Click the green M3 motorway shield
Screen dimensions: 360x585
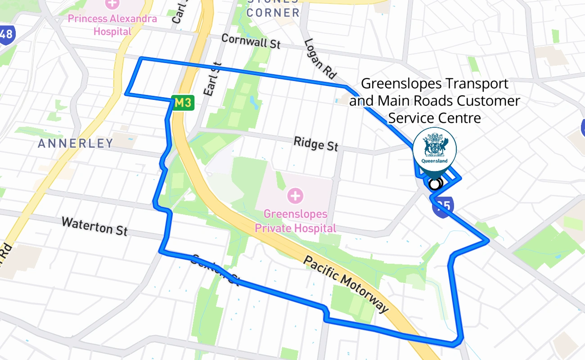(x=183, y=103)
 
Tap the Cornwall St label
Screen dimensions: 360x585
(x=251, y=41)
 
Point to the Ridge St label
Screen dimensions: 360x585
(x=316, y=144)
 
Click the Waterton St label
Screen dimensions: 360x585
(x=94, y=226)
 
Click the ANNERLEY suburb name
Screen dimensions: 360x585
(x=76, y=144)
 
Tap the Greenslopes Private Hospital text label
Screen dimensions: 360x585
(x=296, y=221)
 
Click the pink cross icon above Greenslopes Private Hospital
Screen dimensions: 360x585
(x=295, y=196)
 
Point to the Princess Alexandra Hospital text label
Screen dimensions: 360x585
(x=112, y=25)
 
